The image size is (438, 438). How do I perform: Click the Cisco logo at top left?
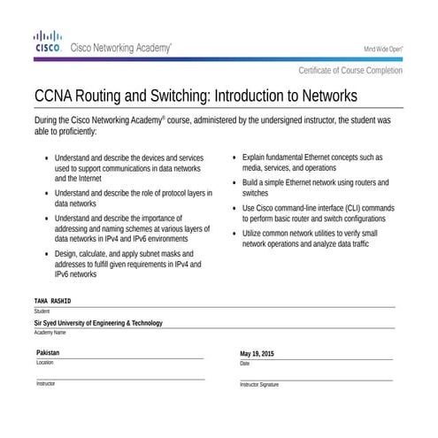(x=47, y=42)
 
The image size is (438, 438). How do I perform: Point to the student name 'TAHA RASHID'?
(x=52, y=302)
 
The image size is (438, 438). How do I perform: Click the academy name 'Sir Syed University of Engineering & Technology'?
(x=98, y=323)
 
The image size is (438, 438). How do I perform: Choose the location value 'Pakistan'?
(x=49, y=353)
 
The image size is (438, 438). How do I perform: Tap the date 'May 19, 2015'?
(x=257, y=354)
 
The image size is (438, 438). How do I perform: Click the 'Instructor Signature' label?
(x=259, y=385)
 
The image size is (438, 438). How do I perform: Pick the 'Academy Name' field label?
(x=50, y=333)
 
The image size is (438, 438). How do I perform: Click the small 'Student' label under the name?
(x=42, y=311)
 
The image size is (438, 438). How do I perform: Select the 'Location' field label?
(x=45, y=363)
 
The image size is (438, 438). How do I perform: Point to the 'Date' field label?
(x=245, y=364)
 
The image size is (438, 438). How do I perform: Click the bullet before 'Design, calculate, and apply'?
(x=45, y=254)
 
